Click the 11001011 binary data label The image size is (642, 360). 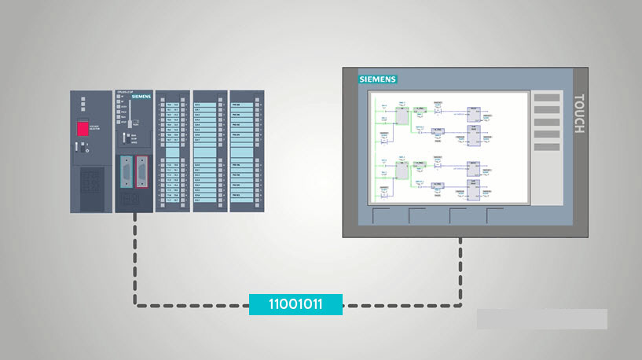tap(295, 304)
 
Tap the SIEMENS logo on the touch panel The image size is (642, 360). tap(378, 79)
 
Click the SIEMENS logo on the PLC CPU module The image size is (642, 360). tap(141, 96)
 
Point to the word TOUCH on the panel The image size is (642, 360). tap(578, 114)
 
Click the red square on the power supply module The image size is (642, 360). tap(83, 130)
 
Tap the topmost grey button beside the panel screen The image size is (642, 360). tap(547, 97)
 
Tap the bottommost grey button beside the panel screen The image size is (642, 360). tap(547, 147)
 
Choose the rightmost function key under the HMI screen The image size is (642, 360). tap(496, 216)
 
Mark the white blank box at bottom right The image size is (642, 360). tap(541, 318)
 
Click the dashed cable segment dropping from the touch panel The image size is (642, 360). tap(460, 271)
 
